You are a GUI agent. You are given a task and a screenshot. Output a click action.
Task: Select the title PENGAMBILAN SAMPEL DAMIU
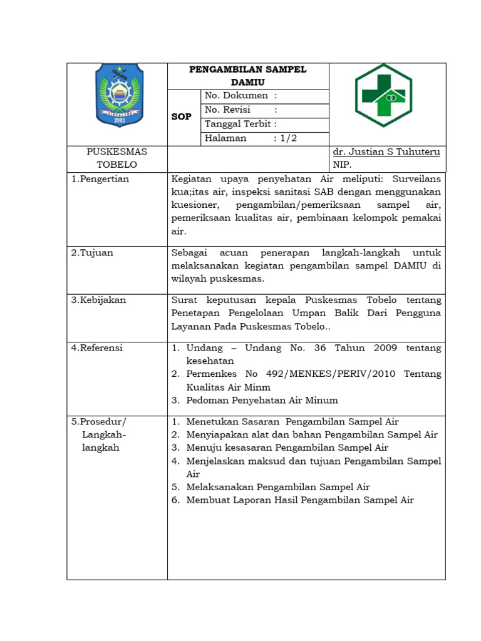(x=248, y=76)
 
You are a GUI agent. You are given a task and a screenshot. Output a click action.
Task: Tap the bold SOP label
(x=182, y=117)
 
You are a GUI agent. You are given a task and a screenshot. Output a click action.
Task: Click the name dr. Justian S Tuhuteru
(x=386, y=152)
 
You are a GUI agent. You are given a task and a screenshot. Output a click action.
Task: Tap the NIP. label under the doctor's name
(x=343, y=165)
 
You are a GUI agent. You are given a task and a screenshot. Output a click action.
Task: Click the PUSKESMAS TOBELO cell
(x=116, y=158)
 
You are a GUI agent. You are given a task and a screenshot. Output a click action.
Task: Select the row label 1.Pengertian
(x=100, y=179)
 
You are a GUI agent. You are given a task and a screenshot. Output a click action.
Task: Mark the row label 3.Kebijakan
(x=99, y=300)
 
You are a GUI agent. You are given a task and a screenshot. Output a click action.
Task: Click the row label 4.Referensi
(x=98, y=347)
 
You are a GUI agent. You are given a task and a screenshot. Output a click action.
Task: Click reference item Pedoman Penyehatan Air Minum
(x=262, y=400)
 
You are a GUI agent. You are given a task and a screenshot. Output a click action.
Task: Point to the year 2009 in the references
(x=386, y=347)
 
